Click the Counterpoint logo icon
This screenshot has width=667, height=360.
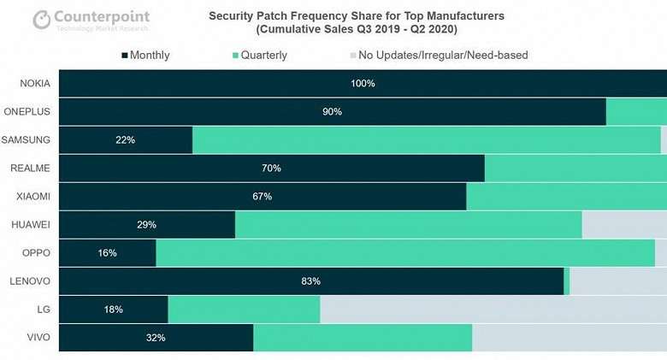42,19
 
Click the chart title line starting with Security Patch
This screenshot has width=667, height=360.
357,15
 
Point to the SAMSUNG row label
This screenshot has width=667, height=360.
27,140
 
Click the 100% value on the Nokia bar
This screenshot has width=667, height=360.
363,84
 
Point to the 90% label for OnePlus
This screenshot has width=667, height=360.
332,112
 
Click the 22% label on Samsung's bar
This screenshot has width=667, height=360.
125,140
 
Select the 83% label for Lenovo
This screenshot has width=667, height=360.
310,281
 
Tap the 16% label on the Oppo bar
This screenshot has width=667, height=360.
107,253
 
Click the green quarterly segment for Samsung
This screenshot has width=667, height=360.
426,140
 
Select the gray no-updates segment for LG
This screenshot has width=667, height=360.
493,310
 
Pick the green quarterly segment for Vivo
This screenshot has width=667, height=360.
363,338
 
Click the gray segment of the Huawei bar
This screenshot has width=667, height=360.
624,225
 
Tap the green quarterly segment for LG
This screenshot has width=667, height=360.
244,310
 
